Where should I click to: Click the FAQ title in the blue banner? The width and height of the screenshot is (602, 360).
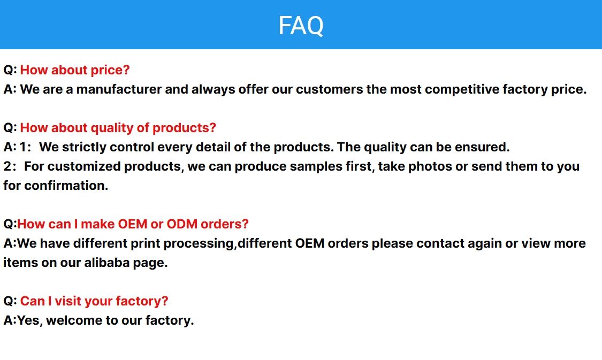point(301,26)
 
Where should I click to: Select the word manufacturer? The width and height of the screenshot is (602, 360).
point(119,89)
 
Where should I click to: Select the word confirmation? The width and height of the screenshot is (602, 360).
point(66,186)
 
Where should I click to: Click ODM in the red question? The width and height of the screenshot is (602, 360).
point(182,224)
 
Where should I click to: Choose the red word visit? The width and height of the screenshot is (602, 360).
point(68,301)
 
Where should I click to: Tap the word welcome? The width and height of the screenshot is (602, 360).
point(73,320)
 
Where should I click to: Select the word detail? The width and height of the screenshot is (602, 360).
point(213,148)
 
